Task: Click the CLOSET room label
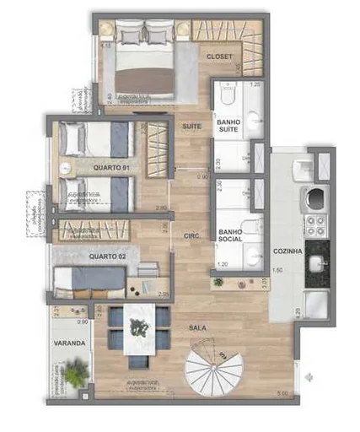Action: [x=219, y=57]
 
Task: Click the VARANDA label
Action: [x=68, y=344]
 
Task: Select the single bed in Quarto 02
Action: [x=89, y=278]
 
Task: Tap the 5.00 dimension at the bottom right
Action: [x=283, y=393]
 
